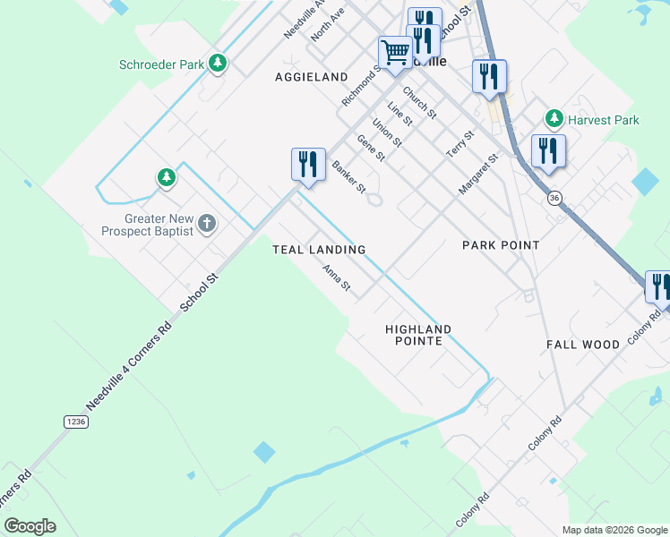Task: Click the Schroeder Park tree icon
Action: coord(217,64)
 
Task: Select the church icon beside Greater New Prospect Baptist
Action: coord(206,224)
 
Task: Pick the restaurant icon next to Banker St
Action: coord(307,165)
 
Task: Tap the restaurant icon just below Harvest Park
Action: coord(547,151)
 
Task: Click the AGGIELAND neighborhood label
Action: coord(311,78)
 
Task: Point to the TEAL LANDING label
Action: coord(319,250)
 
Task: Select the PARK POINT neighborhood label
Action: coord(501,245)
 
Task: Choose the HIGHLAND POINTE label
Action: coord(418,336)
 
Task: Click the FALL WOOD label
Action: coord(583,345)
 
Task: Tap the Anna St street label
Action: coord(336,279)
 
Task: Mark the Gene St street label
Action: coord(370,148)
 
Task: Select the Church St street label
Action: coord(418,103)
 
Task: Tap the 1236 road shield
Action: coord(77,421)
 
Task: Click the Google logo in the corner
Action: coord(30,526)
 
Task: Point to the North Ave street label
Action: coord(328,25)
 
